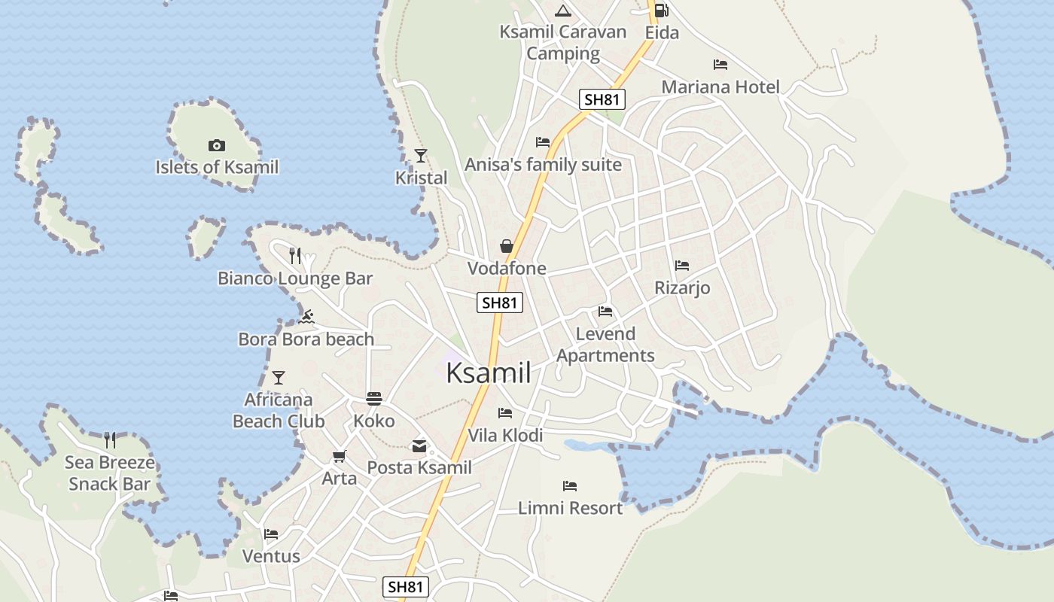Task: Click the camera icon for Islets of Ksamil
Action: click(216, 145)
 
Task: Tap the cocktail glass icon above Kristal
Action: click(421, 156)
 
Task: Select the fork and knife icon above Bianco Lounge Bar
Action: click(295, 256)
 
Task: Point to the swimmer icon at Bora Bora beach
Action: click(306, 317)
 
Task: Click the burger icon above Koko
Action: click(374, 398)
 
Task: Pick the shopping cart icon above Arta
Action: click(339, 456)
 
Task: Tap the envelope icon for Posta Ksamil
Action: click(419, 446)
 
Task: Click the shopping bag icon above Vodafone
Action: click(507, 246)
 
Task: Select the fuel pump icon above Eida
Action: click(661, 11)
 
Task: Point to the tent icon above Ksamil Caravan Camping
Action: click(562, 11)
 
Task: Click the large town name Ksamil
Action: click(489, 372)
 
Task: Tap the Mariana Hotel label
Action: click(720, 87)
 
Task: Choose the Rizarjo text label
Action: click(682, 288)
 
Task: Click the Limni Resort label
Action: click(570, 508)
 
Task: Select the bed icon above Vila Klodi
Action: click(505, 413)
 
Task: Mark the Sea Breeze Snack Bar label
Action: click(110, 473)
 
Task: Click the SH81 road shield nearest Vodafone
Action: click(500, 303)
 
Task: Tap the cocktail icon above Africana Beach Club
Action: click(279, 377)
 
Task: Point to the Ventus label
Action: click(271, 556)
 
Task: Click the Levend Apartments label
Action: click(605, 345)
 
